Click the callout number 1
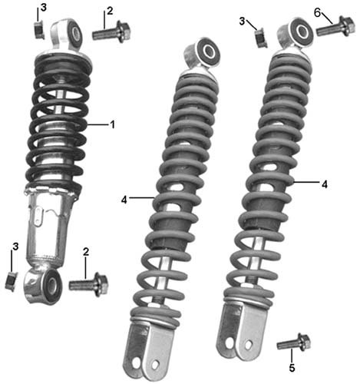tap(112, 124)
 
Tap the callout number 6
tap(317, 12)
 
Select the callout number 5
tap(292, 368)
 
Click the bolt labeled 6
tap(335, 27)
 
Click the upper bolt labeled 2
tap(111, 31)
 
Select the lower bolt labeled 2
tap(88, 284)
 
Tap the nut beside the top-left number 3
tap(39, 30)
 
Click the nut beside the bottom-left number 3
tap(11, 281)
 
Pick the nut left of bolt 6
tap(261, 38)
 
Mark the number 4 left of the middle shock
tap(124, 200)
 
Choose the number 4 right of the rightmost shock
tap(325, 184)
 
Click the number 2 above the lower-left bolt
tap(86, 252)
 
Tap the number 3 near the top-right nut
tap(242, 21)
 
